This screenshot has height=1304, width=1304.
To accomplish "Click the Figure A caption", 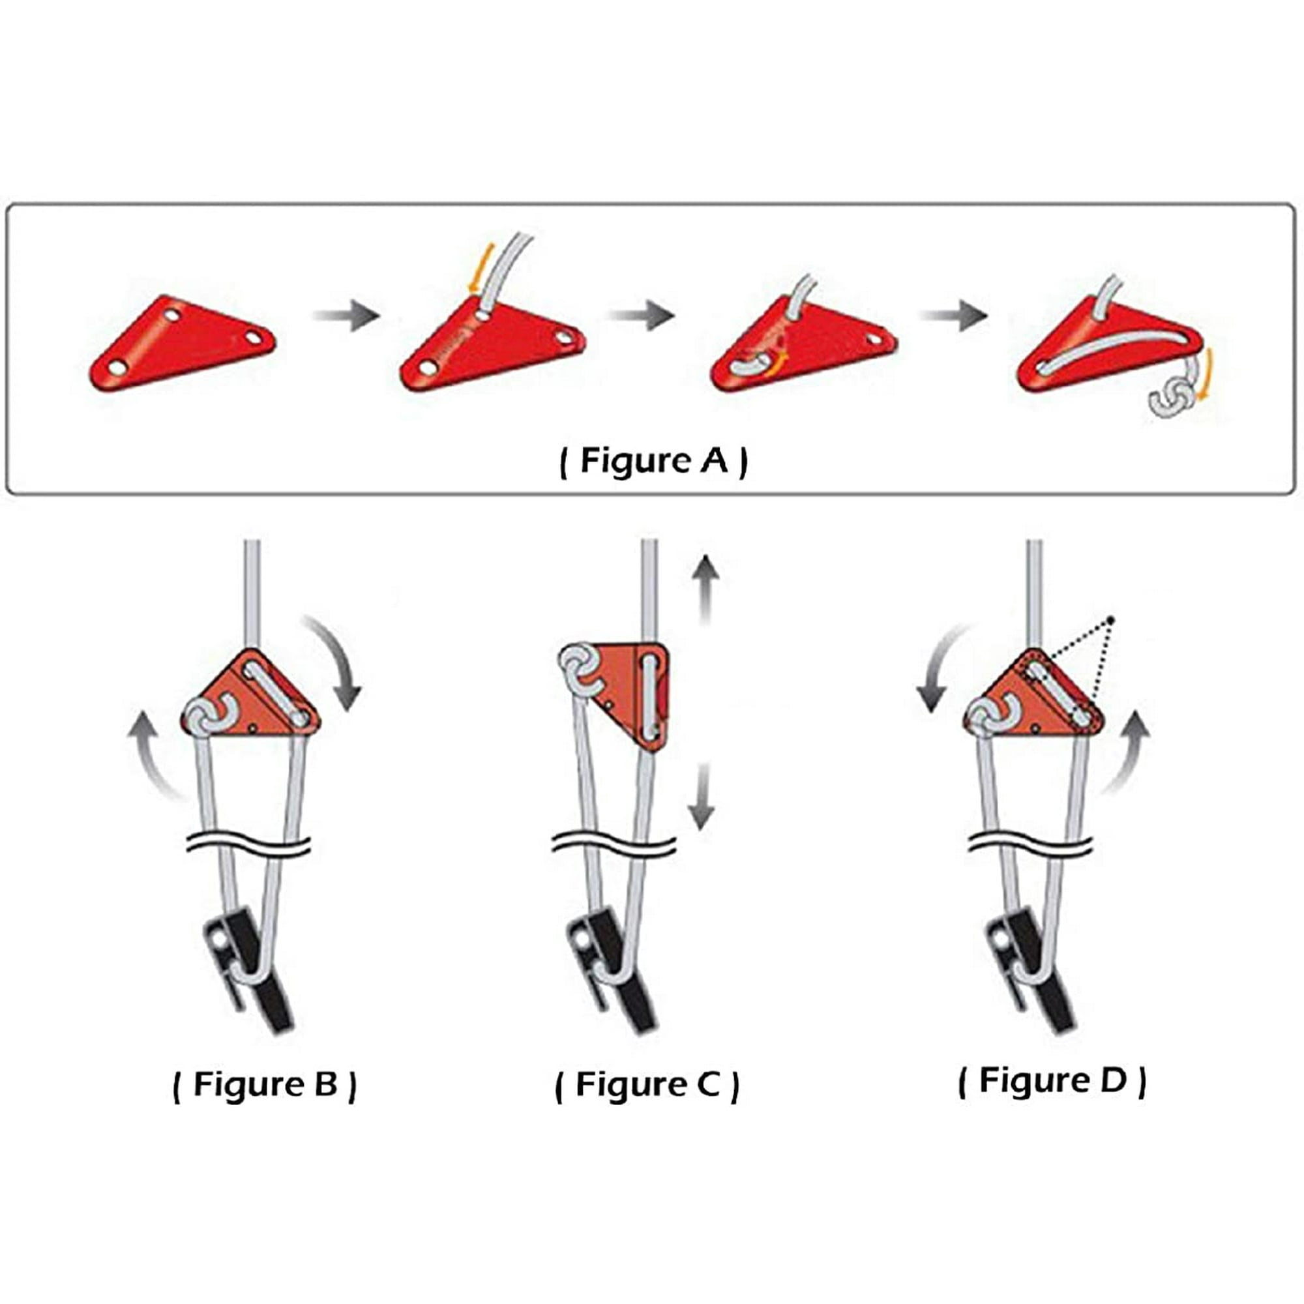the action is (653, 461).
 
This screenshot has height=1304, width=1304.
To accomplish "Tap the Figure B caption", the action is (265, 1085).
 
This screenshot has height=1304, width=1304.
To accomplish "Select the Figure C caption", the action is (647, 1085).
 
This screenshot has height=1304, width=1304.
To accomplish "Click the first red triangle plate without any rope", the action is (183, 342).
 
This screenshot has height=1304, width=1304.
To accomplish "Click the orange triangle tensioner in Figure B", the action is (251, 694).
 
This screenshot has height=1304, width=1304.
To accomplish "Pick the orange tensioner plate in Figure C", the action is (631, 695).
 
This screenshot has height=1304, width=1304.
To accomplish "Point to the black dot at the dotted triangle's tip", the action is (1110, 619).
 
